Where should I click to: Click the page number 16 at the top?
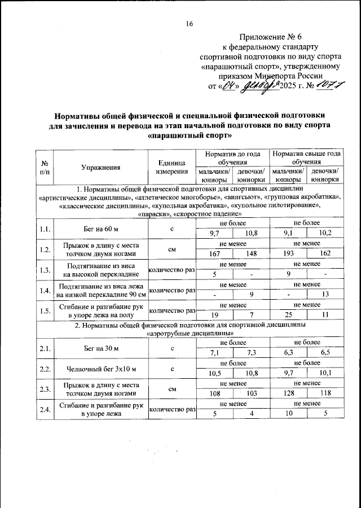tap(190, 23)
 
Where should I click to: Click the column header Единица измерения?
tap(171, 167)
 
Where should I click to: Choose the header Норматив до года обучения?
tap(232, 157)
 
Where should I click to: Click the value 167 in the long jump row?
tap(214, 254)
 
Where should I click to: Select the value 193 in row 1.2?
tap(288, 254)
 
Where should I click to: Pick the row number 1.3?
tap(45, 270)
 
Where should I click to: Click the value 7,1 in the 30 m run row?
tap(214, 353)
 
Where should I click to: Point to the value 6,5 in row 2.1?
tap(325, 353)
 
